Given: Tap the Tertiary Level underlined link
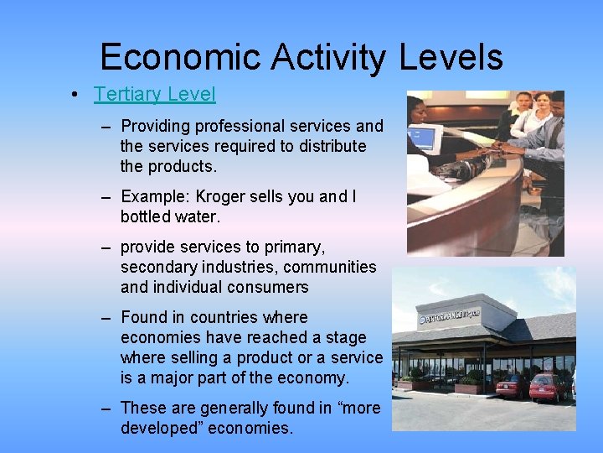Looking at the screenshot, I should tap(155, 94).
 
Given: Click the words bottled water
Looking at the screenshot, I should tap(170, 216).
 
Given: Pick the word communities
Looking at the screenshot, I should tap(334, 267).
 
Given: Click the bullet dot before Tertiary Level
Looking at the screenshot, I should tap(75, 95).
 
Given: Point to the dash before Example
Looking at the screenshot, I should tap(106, 197).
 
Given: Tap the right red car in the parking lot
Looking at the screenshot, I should tap(549, 388).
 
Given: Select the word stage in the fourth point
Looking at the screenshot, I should tap(346, 337).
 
